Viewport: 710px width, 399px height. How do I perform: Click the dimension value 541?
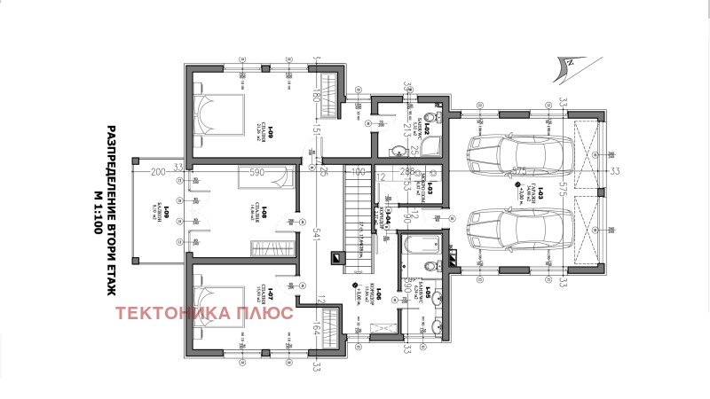[x=316, y=233]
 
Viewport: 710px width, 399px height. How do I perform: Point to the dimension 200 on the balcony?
[x=158, y=170]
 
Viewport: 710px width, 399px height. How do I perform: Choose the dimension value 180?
[x=316, y=94]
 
